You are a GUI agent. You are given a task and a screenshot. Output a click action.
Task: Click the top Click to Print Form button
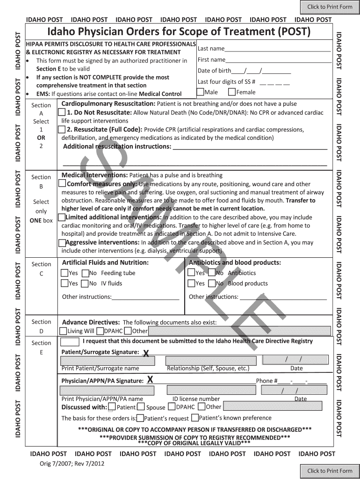tap(330, 7)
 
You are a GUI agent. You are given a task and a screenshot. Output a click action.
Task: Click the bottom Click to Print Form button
tap(330, 471)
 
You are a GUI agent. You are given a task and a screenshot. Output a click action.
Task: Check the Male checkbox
tap(201, 92)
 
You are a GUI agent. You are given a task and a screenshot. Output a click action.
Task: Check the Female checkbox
tap(232, 92)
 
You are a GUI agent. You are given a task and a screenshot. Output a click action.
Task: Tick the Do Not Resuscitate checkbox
tap(62, 113)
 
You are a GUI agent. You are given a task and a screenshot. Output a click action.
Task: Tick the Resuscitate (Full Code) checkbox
tap(62, 130)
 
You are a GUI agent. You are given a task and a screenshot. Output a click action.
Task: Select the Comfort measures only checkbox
tap(62, 184)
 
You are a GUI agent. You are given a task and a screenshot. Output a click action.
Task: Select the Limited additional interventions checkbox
tap(61, 218)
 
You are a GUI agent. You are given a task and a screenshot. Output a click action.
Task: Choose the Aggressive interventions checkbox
tap(62, 243)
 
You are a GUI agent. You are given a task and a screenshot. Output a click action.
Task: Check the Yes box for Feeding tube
tap(65, 273)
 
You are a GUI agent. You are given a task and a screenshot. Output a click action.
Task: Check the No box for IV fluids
tap(85, 283)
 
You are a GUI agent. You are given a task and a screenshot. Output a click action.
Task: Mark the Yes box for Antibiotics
tap(191, 273)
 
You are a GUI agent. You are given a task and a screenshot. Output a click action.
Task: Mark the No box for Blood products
tap(211, 283)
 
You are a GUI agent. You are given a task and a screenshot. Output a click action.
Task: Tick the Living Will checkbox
tap(63, 331)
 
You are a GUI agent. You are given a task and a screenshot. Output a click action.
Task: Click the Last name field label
tap(211, 49)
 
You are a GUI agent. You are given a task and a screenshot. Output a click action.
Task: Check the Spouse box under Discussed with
tap(141, 407)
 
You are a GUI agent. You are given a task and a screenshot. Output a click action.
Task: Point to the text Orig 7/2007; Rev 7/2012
tap(72, 464)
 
